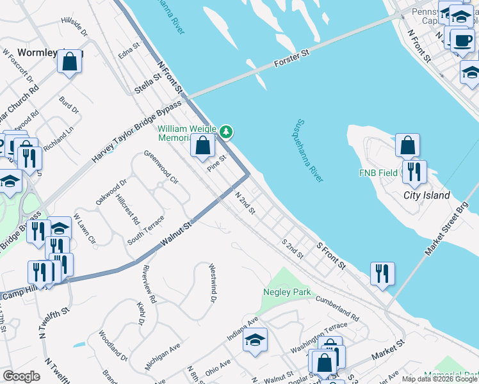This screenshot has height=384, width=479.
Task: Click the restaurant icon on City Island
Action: coord(414,171)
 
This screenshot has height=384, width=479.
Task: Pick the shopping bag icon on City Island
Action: coord(407,145)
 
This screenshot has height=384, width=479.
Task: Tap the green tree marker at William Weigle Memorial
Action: coord(225,132)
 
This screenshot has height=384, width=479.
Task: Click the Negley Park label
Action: coord(287,292)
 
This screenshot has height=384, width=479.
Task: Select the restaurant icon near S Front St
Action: coord(382,273)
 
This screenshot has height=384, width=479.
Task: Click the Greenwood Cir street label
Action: coord(161,167)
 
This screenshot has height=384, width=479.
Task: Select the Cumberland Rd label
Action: coord(337,308)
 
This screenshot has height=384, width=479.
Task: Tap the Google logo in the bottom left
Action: coord(21,376)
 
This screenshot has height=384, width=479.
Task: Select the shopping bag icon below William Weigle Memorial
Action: coord(202,145)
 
